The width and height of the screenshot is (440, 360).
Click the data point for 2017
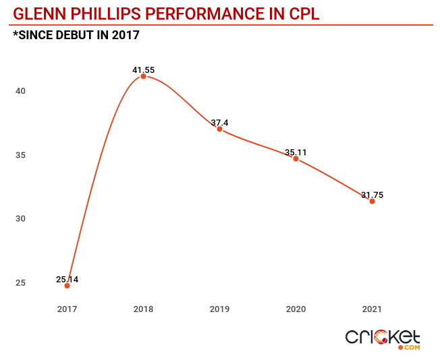point(67,286)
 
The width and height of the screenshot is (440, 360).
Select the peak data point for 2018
point(143,76)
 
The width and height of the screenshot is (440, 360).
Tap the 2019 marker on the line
point(219,129)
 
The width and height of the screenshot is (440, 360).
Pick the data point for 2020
point(296,159)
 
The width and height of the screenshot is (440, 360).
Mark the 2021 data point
point(372,201)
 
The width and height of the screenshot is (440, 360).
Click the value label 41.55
point(143,69)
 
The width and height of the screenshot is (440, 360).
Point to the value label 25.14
point(67,278)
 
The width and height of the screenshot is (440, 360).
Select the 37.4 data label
point(220,122)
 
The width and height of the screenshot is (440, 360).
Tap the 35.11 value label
point(296,152)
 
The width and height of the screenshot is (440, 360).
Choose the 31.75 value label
point(372,195)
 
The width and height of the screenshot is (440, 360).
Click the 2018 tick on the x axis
point(143,309)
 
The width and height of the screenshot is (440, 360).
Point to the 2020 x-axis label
point(296,309)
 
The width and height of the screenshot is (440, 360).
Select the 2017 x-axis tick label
point(67,309)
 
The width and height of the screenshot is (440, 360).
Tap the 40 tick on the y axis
point(21,91)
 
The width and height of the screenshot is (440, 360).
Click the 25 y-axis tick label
point(21,282)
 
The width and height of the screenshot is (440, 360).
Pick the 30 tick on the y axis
point(21,219)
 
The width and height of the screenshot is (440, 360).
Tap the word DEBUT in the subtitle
point(83,35)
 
